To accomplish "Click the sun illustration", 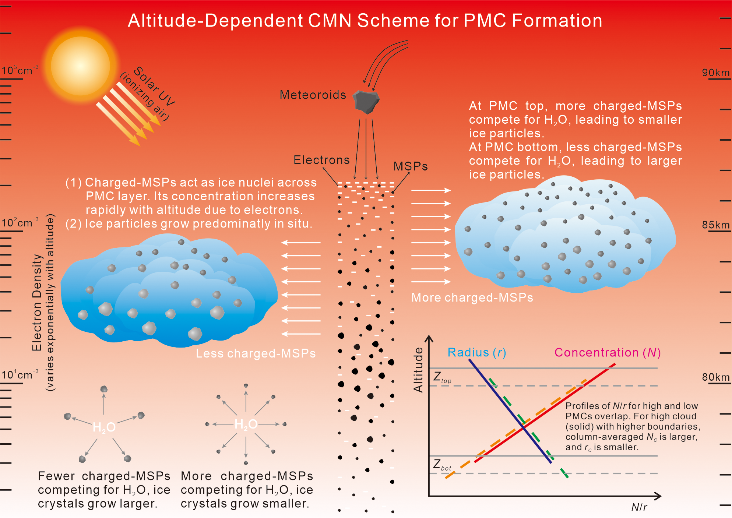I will pos(80,66).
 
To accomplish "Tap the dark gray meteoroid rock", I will pos(366,101).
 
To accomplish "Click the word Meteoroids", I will pos(313,95).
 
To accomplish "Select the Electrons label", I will pos(321,160).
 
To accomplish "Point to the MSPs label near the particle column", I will pos(411,166).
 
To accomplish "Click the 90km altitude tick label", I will pos(715,73).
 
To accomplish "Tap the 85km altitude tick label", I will pos(715,225).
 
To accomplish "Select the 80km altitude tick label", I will pos(715,377).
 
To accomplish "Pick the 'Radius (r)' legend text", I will pos(477,353).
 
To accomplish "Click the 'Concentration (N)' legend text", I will pos(608,353).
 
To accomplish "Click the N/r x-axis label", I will pos(639,507).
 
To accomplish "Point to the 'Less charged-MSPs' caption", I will pos(256,353).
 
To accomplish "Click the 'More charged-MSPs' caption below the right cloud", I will pos(472,297).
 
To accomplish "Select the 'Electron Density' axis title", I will pos(37,302).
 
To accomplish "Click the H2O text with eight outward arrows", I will pos(246,424).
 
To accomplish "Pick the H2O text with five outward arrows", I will pos(104,427).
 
